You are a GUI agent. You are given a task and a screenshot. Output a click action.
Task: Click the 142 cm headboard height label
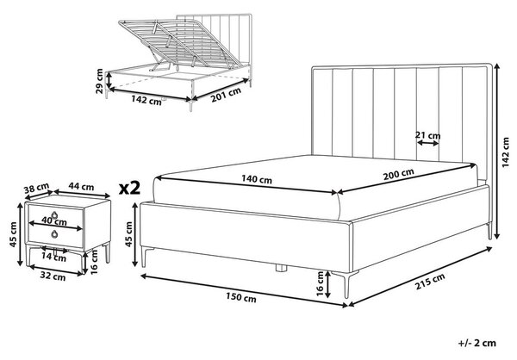coord(505,152)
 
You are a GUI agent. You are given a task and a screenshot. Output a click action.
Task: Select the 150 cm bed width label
coord(241,297)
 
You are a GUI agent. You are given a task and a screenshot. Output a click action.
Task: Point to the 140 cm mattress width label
coord(257,179)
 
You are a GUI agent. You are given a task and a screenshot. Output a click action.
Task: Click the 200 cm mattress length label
coord(398,174)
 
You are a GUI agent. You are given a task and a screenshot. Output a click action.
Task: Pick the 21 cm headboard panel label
coord(427,135)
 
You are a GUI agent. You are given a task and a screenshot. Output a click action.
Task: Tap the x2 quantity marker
coord(129,188)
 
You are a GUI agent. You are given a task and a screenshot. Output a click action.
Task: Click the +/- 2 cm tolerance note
coord(477,343)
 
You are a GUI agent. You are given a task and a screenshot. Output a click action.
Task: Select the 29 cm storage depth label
coord(99,81)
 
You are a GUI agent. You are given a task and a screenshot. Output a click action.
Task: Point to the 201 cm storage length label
coord(226,95)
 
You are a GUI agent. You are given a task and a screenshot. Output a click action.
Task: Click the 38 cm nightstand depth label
coord(36,189)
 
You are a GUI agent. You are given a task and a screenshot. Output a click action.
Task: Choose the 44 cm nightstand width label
coord(81,187)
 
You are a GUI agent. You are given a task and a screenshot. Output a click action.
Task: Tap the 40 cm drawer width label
coord(54,220)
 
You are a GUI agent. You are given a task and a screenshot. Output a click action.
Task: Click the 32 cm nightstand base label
coord(53,276)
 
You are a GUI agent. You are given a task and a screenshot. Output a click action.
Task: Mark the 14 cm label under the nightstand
coord(53,258)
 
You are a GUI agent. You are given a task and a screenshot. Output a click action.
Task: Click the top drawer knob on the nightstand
coord(55,214)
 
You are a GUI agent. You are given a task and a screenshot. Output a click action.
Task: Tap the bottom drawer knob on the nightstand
coord(54,234)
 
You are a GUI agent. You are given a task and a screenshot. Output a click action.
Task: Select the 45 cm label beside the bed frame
coord(128,234)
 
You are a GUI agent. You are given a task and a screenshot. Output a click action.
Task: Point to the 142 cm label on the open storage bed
coord(146,100)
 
